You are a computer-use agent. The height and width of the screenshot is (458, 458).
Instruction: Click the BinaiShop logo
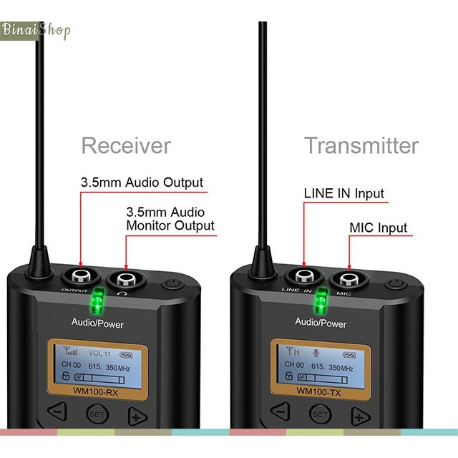36,31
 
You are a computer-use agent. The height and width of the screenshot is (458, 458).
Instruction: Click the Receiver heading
126,146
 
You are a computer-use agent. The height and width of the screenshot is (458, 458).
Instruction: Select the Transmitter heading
361,146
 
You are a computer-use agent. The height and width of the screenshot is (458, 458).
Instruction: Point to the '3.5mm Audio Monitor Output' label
170,218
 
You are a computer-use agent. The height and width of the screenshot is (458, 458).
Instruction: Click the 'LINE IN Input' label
343,193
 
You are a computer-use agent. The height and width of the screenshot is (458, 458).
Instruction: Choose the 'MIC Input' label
378,228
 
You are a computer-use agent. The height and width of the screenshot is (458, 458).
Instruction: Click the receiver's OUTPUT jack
81,278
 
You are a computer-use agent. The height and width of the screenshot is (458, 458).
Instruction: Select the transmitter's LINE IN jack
303,278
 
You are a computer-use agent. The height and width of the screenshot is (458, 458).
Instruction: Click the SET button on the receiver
96,414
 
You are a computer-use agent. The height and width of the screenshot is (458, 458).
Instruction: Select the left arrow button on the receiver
59,411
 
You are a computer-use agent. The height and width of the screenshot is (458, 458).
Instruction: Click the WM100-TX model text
319,391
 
